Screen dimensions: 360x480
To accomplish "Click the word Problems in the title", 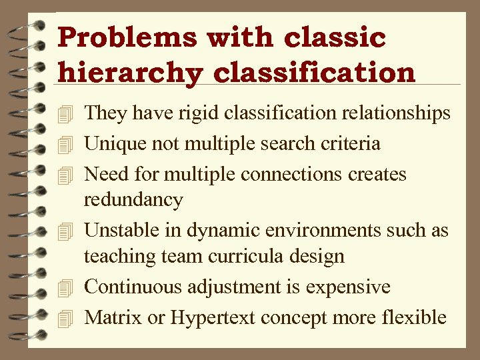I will click(x=127, y=37).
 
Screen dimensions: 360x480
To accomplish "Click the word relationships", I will click(x=396, y=113).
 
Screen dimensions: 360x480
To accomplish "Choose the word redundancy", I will click(x=133, y=199).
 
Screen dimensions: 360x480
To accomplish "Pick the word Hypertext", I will click(x=213, y=318).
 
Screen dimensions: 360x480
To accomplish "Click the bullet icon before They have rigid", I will click(x=64, y=115).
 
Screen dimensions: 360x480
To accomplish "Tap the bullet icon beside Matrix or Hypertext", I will click(x=64, y=319).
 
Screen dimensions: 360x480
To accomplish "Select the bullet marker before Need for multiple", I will click(x=64, y=175).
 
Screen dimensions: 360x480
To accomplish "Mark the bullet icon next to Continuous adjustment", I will click(x=64, y=288).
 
